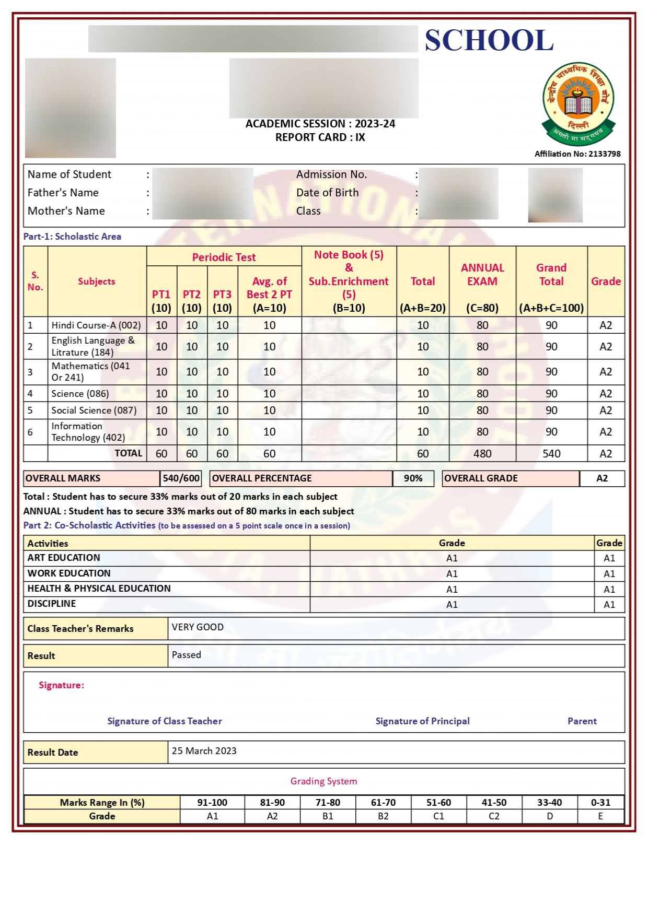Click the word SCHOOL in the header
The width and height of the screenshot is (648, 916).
click(x=489, y=40)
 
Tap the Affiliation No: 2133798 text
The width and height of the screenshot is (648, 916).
click(x=577, y=154)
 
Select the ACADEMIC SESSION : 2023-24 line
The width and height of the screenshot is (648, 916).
click(x=320, y=124)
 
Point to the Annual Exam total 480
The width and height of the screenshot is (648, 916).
click(x=482, y=453)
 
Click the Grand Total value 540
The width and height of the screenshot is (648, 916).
click(x=551, y=453)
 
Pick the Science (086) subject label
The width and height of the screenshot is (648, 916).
click(x=80, y=393)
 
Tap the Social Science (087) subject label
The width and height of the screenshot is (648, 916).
click(x=94, y=410)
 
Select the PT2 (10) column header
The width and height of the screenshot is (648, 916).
click(x=192, y=301)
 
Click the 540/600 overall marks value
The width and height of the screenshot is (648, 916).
click(x=181, y=478)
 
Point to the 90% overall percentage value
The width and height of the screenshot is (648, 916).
click(x=413, y=478)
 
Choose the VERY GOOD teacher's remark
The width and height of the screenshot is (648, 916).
click(x=198, y=627)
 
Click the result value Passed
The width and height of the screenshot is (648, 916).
click(x=186, y=654)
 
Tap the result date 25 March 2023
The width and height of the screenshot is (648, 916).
click(x=204, y=750)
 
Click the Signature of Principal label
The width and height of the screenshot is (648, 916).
click(x=422, y=721)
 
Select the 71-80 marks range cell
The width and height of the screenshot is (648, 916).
click(x=328, y=802)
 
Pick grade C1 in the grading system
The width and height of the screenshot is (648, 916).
click(x=438, y=816)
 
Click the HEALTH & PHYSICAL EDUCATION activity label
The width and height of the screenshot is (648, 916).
click(x=99, y=588)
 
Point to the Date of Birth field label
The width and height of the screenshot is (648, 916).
click(x=327, y=192)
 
